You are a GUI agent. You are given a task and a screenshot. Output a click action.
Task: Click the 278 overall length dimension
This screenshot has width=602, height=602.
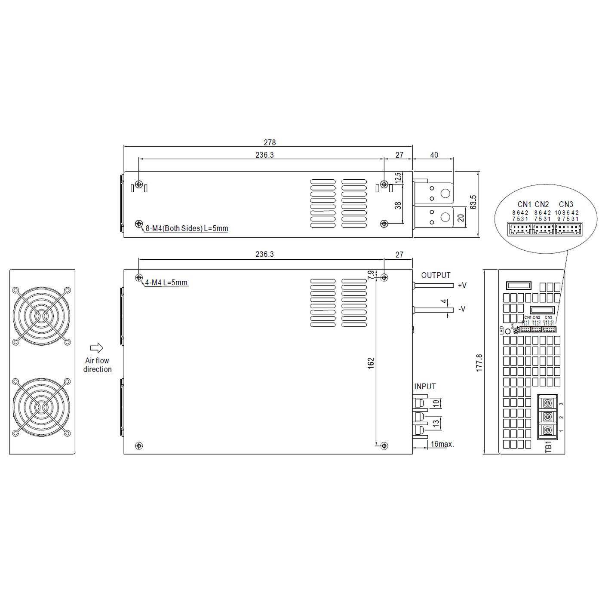click(x=269, y=142)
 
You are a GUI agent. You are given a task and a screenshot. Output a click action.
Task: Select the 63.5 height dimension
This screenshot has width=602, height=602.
click(x=473, y=202)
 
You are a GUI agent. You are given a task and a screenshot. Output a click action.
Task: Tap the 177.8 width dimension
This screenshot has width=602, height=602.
click(x=480, y=362)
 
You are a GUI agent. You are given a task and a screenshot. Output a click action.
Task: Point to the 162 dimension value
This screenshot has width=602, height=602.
click(x=371, y=362)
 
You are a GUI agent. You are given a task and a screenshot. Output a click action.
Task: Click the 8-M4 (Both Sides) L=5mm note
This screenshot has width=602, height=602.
click(x=187, y=228)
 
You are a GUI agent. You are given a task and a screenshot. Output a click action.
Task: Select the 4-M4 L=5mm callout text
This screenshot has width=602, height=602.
click(x=166, y=283)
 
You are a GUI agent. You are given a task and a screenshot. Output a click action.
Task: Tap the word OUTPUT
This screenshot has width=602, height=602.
click(x=436, y=275)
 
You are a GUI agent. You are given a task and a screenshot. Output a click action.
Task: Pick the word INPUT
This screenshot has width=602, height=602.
click(x=425, y=387)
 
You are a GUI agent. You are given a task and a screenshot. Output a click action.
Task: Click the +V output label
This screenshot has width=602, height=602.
click(x=462, y=285)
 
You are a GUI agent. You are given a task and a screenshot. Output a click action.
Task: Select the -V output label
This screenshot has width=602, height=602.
click(x=462, y=309)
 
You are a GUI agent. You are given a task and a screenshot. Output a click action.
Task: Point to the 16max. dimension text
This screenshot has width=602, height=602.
click(x=442, y=444)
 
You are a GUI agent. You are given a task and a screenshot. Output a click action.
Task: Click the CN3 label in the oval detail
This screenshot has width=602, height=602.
click(x=566, y=204)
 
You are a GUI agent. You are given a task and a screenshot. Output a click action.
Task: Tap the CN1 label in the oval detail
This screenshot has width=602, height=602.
click(x=524, y=204)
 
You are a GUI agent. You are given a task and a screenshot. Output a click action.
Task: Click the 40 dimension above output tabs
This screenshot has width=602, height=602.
click(x=434, y=155)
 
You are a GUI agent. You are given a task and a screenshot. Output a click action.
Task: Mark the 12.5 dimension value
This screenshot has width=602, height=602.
click(x=398, y=178)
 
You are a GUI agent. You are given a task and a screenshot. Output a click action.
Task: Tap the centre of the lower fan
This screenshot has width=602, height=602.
click(x=42, y=407)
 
